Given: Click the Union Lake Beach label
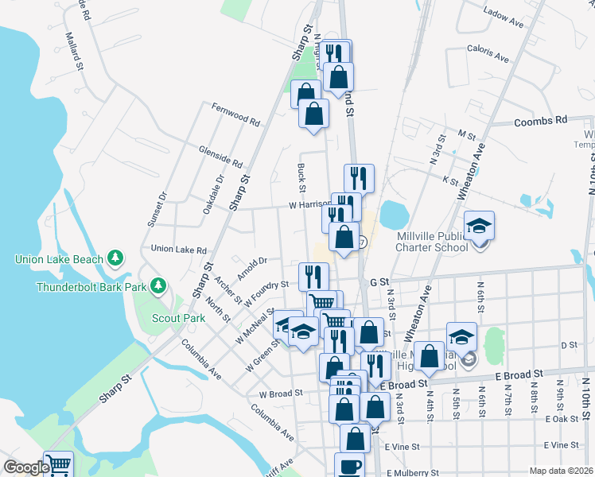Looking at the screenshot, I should pos(60,259).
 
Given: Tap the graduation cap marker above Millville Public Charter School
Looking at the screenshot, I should pos(479,227).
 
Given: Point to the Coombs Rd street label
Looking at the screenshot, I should pos(541,121).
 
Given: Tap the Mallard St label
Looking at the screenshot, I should pos(75,61).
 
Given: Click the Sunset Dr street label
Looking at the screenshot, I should pos(156,209).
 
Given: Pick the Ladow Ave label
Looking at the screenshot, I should pos(504,17).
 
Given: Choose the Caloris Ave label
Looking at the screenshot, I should pos(488,52).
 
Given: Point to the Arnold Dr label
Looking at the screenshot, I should pos(251,262).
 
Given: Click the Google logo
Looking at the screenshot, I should pos(26,468).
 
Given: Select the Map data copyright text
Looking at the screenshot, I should pos(561,471).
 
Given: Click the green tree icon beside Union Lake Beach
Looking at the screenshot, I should pos(116,258).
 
